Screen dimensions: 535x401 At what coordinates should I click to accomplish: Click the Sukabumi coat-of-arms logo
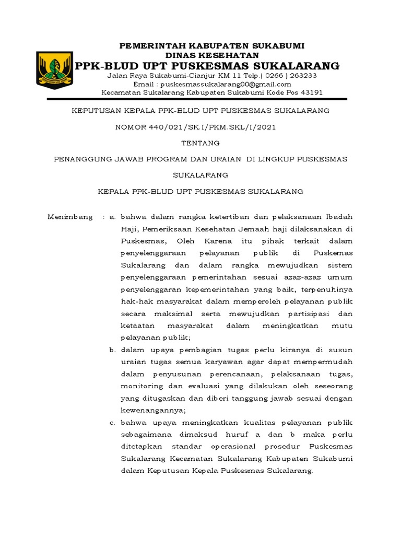click(54, 69)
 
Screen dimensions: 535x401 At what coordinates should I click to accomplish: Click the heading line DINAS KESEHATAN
click(212, 55)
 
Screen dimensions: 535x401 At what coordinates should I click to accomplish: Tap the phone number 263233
click(303, 75)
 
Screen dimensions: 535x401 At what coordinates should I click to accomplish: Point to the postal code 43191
click(310, 92)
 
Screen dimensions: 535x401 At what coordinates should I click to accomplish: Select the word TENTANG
click(200, 143)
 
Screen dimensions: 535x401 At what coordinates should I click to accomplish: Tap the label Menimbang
click(70, 217)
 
